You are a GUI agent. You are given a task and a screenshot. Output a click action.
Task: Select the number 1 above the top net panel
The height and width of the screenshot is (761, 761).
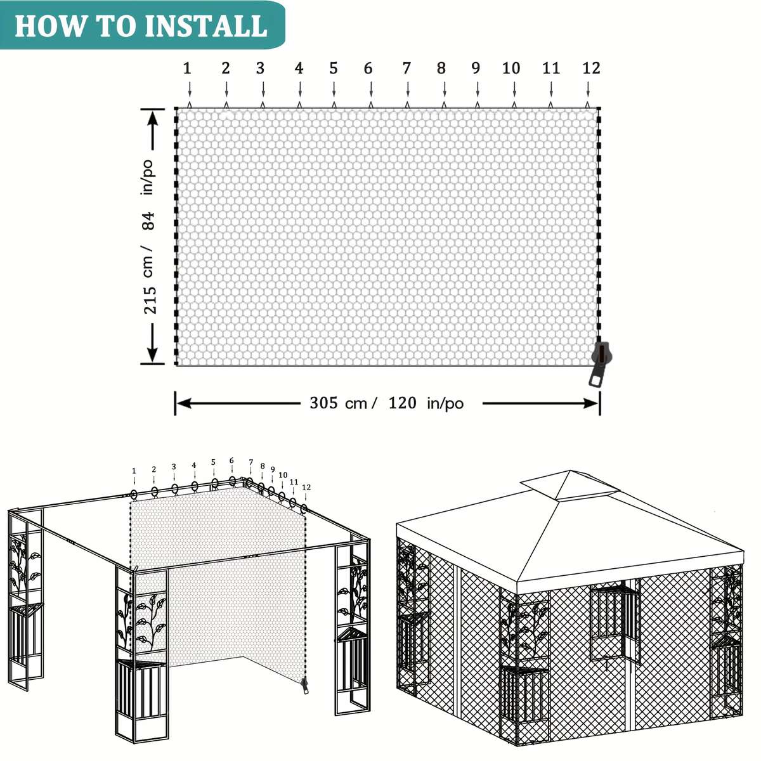pyautogui.click(x=187, y=68)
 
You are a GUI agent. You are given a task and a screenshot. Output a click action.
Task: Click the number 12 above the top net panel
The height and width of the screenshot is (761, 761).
pyautogui.click(x=591, y=68)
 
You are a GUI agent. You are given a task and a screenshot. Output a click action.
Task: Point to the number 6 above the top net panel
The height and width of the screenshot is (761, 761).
pyautogui.click(x=368, y=68)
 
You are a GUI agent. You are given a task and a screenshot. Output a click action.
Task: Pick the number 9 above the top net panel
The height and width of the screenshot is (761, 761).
pyautogui.click(x=476, y=68)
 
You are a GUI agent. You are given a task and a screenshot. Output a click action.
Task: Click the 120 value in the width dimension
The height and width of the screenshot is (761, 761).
pyautogui.click(x=402, y=403)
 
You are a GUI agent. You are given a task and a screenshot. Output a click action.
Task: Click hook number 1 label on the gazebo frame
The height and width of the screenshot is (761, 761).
pyautogui.click(x=134, y=471)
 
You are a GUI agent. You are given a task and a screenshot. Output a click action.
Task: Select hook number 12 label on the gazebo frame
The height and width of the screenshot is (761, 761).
pyautogui.click(x=306, y=488)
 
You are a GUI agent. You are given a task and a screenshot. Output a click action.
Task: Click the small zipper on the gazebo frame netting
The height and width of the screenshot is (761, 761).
pyautogui.click(x=304, y=686)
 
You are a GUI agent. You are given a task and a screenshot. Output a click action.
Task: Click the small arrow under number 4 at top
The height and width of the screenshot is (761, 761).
pyautogui.click(x=299, y=89)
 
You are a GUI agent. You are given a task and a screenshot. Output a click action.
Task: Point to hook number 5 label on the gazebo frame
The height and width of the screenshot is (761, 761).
pyautogui.click(x=214, y=462)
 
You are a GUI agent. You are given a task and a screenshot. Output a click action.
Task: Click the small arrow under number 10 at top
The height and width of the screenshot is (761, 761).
pyautogui.click(x=511, y=89)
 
